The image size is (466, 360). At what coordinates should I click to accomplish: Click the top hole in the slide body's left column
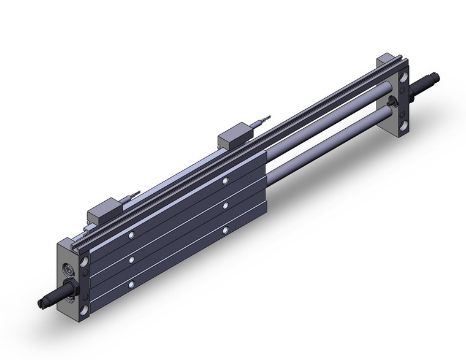click(x=131, y=235)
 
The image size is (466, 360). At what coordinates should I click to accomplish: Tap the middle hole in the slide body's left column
click(x=131, y=259)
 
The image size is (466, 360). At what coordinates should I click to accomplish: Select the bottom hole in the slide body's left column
click(x=131, y=285)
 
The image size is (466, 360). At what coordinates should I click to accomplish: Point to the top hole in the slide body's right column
click(x=226, y=181)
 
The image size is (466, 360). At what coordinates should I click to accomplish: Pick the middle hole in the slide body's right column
click(x=226, y=205)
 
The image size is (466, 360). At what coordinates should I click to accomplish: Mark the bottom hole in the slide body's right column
click(x=226, y=229)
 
